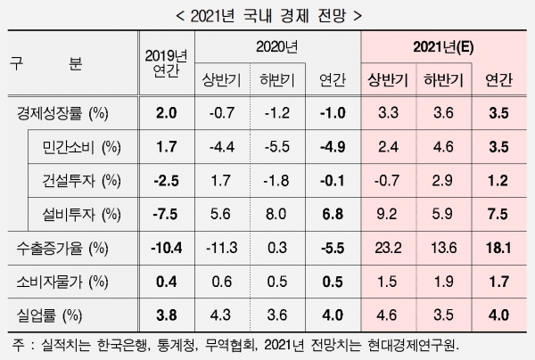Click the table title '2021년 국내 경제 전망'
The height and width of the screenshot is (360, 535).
point(268,16)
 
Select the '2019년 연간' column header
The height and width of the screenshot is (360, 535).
point(166,63)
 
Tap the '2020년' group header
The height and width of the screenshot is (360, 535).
point(277,46)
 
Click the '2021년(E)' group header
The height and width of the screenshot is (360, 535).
point(443,47)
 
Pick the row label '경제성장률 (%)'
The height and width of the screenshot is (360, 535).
point(62,113)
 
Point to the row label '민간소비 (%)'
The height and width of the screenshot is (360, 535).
point(81,147)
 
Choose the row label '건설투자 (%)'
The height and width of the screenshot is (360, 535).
point(81,181)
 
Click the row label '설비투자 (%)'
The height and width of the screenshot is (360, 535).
point(81,215)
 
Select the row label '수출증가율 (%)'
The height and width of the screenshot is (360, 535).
point(62,249)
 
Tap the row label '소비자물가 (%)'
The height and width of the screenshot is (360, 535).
point(62,282)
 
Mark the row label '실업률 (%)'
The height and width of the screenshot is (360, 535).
point(49,315)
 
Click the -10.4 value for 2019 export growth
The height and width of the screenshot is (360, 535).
point(166,249)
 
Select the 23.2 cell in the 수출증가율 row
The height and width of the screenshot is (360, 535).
point(388,249)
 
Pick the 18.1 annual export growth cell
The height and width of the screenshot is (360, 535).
point(498,249)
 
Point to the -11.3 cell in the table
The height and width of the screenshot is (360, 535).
point(222,249)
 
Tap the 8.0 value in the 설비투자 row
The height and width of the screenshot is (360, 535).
point(276,215)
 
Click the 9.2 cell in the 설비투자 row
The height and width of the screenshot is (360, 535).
point(387,215)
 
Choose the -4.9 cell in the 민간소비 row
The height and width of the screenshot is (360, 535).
point(333,147)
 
